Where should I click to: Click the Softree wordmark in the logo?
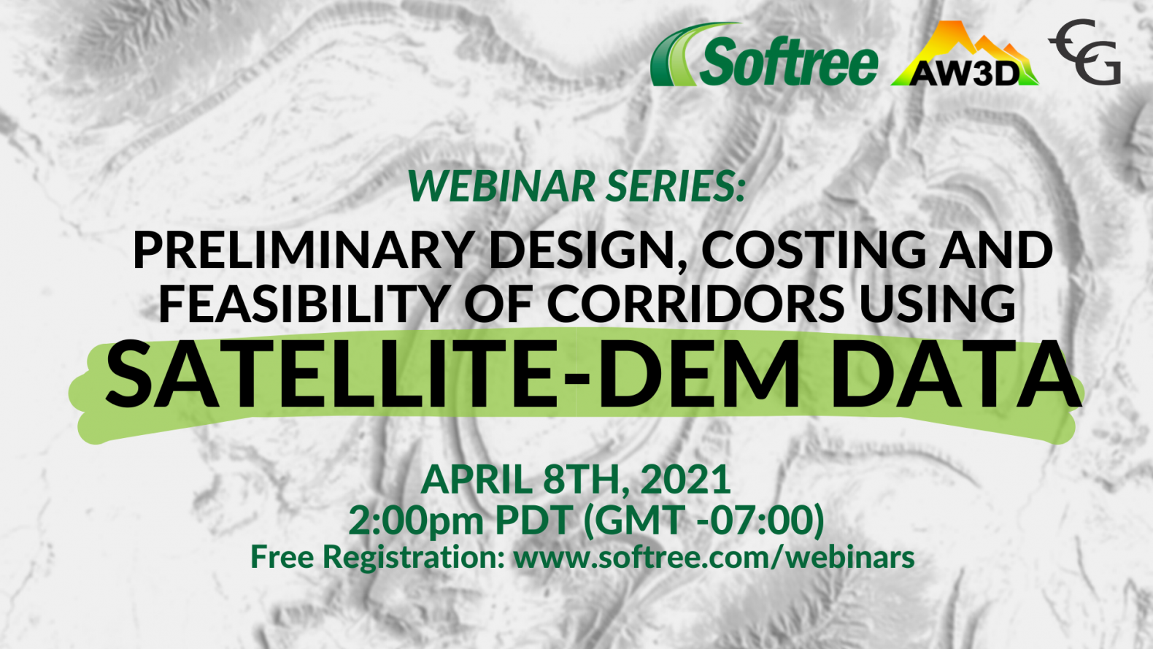789,61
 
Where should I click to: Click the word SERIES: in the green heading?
674,186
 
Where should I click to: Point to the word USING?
938,303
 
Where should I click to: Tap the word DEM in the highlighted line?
699,375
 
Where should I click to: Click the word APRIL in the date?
477,480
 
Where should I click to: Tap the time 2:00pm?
416,521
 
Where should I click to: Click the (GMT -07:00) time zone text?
703,521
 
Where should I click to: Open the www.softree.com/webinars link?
714,558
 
